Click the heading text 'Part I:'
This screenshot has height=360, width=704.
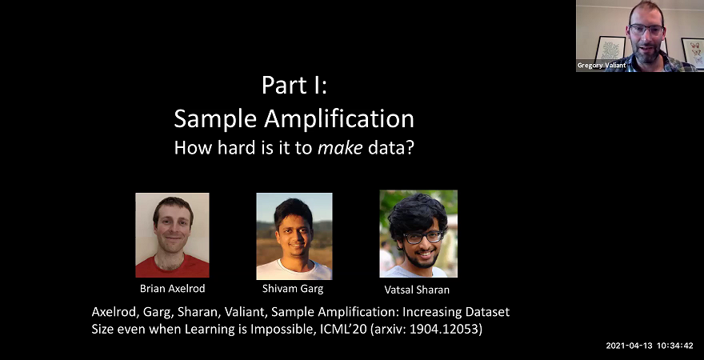(294, 86)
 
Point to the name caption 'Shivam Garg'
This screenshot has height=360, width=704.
(294, 289)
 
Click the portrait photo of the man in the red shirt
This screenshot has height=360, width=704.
(172, 235)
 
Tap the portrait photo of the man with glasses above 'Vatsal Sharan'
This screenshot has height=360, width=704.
(418, 234)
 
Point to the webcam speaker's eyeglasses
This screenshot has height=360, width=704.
(646, 30)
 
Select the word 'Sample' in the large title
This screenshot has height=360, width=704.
(210, 118)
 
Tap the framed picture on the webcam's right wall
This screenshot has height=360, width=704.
(691, 50)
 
